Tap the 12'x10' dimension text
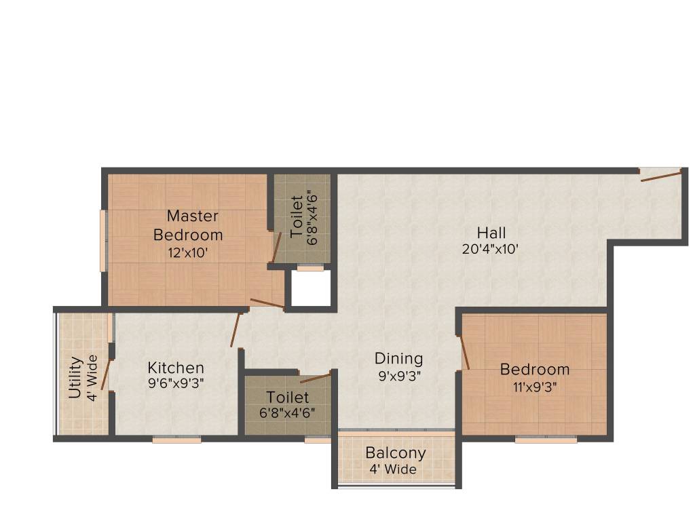click(188, 253)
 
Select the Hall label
click(491, 233)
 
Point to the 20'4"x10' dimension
click(491, 248)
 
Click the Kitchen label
click(176, 368)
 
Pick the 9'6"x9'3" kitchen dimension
click(176, 383)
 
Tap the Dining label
click(398, 358)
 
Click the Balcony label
click(396, 452)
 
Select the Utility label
click(75, 377)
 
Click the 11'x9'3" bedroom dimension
click(535, 385)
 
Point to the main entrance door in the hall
click(661, 176)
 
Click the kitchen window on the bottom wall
click(176, 440)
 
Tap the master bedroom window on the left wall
click(104, 240)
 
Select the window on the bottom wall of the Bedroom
click(546, 440)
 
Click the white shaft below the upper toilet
click(311, 288)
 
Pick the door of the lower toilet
click(316, 377)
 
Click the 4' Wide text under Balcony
click(392, 469)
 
